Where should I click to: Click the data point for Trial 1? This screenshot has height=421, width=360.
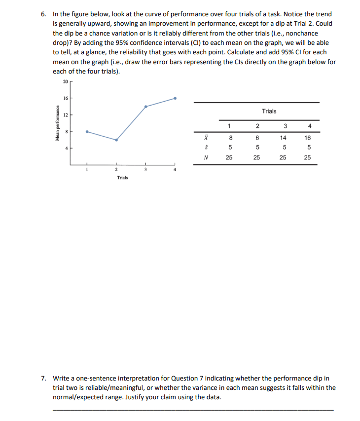pos(87,132)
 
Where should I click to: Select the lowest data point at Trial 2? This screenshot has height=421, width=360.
pos(116,140)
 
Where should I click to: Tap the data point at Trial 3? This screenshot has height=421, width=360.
pos(145,106)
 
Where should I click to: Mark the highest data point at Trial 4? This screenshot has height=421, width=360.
pos(175,98)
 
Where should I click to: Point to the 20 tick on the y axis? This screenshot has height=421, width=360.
pos(65,81)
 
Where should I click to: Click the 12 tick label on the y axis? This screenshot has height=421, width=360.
pos(65,115)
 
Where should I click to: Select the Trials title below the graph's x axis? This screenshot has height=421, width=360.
pos(123,178)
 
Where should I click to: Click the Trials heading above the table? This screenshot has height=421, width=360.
pos(269,111)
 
